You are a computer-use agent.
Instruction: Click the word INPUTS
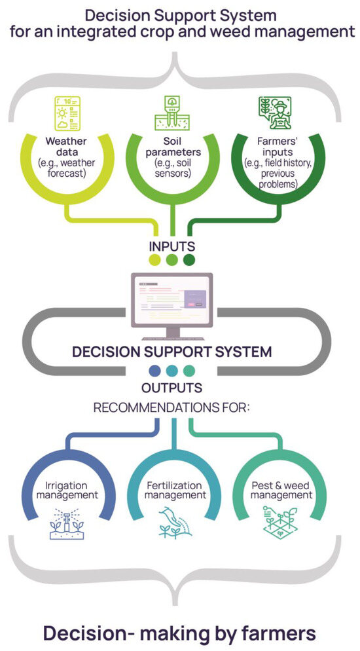[x=171, y=247]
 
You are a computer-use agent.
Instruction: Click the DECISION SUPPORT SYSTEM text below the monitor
[x=171, y=352]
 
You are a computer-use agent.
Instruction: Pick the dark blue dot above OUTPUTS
[x=154, y=370]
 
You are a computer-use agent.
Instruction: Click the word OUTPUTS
[x=171, y=387]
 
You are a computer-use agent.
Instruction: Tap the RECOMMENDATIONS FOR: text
[x=172, y=408]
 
